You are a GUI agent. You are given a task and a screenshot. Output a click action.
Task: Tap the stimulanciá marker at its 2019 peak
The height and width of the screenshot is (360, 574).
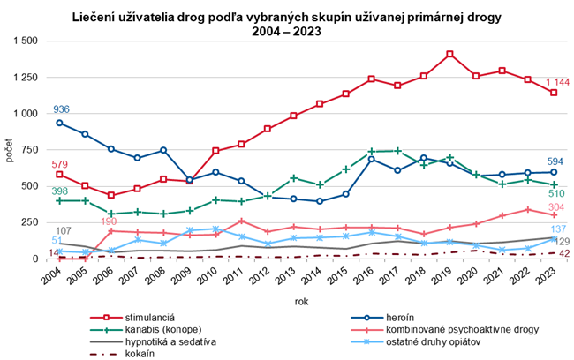[450, 54]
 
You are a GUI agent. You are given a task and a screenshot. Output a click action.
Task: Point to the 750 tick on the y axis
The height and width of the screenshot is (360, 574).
[29, 150]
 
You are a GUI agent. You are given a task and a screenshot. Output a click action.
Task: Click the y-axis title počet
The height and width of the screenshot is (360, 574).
[9, 150]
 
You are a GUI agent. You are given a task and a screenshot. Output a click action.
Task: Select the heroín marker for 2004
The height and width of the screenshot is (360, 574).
[60, 123]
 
